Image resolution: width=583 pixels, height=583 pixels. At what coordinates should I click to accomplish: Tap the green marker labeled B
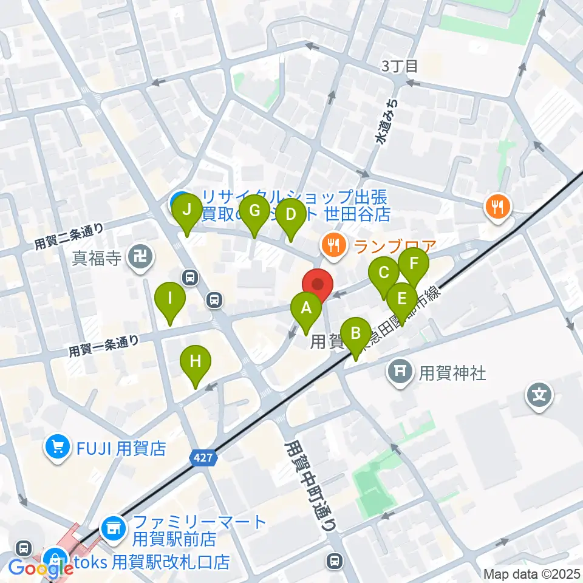356,333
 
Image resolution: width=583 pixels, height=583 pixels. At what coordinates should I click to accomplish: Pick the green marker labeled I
169,299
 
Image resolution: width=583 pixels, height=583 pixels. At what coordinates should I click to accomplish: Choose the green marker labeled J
187,210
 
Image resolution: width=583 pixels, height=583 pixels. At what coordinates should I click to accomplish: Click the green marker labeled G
254,211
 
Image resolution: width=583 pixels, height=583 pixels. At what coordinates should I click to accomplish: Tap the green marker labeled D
291,215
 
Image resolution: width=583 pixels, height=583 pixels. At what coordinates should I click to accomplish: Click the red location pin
318,284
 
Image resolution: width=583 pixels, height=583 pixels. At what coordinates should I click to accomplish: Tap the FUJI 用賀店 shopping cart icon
58,448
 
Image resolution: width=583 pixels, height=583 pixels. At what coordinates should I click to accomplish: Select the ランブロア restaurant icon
332,245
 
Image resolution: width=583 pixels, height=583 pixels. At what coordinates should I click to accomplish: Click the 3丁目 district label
400,66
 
